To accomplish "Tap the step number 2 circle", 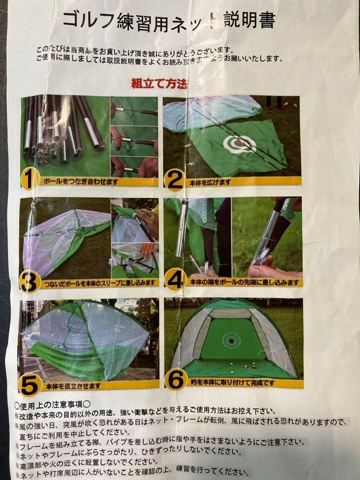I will tap(174, 180).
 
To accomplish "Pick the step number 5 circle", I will tap(30, 385).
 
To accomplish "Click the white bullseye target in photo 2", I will tap(240, 144).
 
